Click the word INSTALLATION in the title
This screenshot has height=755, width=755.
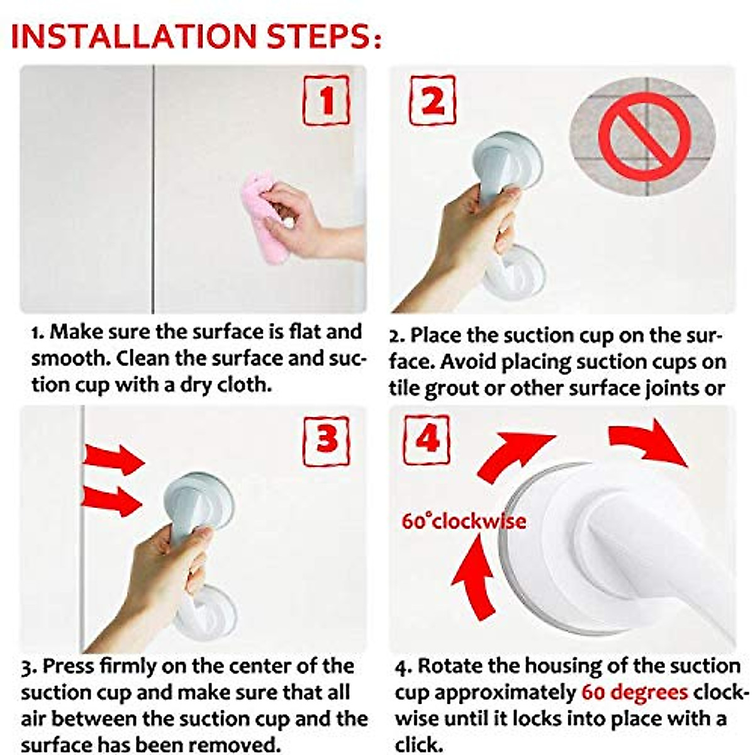pos(134,36)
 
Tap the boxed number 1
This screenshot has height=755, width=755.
pos(326,100)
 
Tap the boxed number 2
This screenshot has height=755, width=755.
pos(433,100)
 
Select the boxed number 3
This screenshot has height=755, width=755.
pos(326,440)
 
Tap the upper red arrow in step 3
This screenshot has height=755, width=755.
pos(113,457)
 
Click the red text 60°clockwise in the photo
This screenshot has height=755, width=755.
pos(464,522)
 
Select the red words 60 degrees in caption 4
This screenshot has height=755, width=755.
pos(634,693)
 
